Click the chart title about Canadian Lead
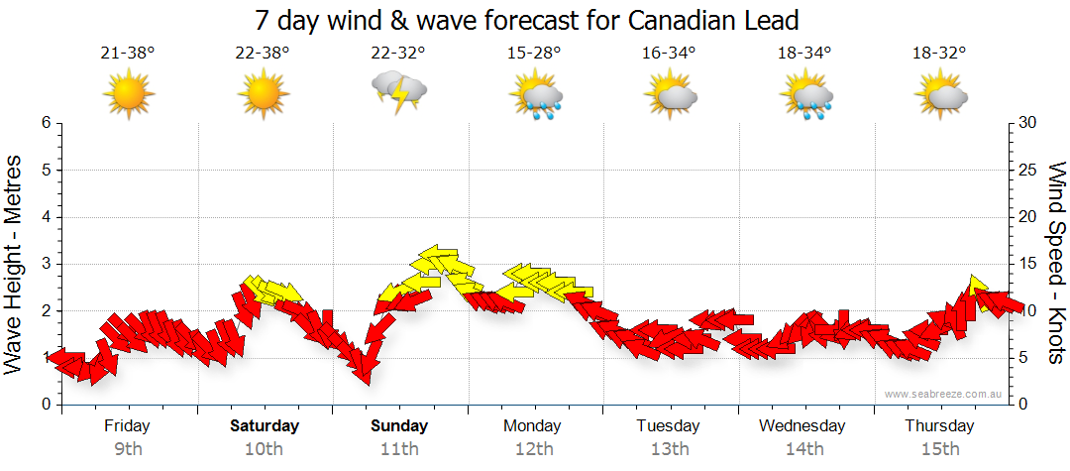pyautogui.click(x=526, y=20)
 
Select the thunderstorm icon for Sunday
pyautogui.click(x=399, y=92)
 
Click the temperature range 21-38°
pyautogui.click(x=128, y=53)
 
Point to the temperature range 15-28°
pyautogui.click(x=534, y=53)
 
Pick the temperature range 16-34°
pyautogui.click(x=669, y=53)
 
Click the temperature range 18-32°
pyautogui.click(x=940, y=53)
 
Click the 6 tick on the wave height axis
pyautogui.click(x=45, y=123)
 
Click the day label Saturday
pyautogui.click(x=265, y=426)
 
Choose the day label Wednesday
pyautogui.click(x=802, y=426)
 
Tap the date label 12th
pyautogui.click(x=534, y=449)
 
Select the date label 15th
pyautogui.click(x=939, y=449)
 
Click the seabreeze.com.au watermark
pyautogui.click(x=944, y=394)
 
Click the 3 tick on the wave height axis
pyautogui.click(x=45, y=264)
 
